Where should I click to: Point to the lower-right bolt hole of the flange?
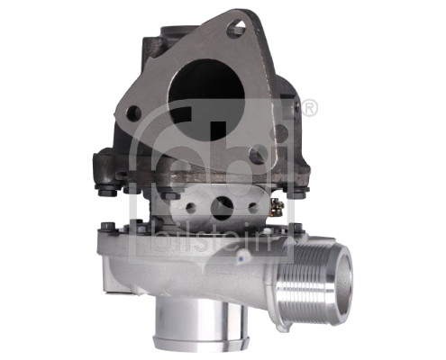click(x=259, y=155)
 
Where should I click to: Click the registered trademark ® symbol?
click(x=309, y=109)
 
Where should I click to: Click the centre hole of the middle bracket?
click(x=221, y=205)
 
